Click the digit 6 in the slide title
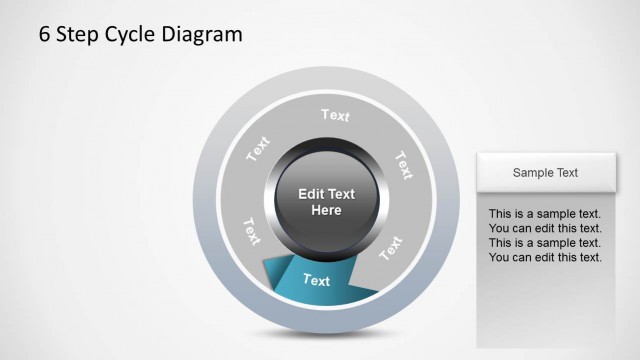(x=45, y=35)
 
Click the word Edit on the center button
(x=313, y=194)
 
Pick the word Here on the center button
(x=326, y=211)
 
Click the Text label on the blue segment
(x=316, y=280)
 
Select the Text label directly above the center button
(x=336, y=115)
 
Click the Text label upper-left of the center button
(x=259, y=149)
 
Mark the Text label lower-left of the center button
(x=250, y=230)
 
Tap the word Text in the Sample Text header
(x=567, y=173)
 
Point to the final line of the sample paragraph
(x=545, y=258)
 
